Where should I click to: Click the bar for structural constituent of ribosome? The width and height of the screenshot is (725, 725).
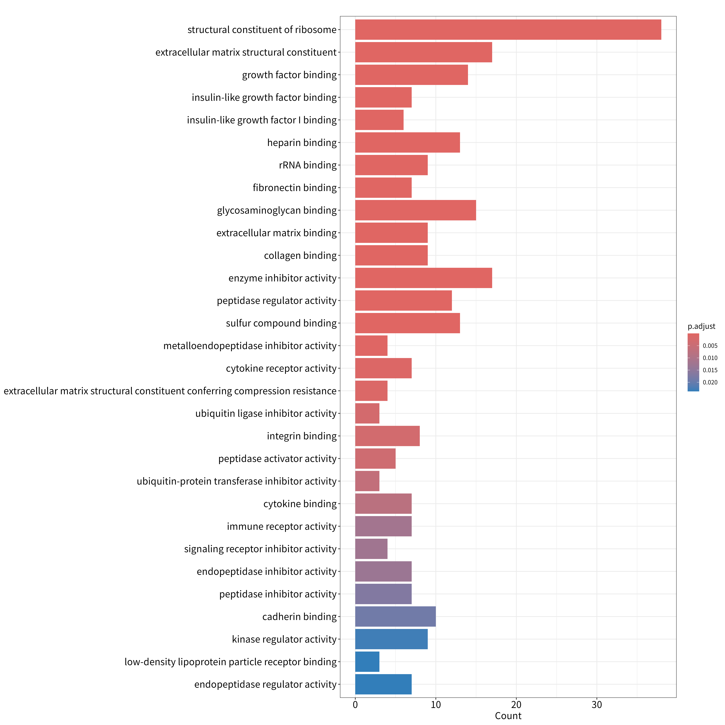508,30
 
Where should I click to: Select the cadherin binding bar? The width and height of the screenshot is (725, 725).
395,616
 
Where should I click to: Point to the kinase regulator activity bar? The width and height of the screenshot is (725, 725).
391,639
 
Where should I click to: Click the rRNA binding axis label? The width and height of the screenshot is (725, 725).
308,165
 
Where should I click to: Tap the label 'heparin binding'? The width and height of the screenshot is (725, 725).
302,143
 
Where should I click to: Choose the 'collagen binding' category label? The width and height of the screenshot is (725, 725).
301,256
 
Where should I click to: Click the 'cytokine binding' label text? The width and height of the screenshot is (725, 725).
300,504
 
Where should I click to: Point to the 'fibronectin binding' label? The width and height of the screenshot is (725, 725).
295,188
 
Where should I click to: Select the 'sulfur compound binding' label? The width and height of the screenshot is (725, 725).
281,323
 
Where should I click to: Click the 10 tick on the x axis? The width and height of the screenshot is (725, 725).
436,705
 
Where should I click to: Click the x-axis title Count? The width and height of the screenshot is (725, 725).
508,716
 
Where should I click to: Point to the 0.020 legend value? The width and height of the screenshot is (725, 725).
710,382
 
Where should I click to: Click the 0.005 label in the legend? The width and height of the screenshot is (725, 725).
710,346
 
